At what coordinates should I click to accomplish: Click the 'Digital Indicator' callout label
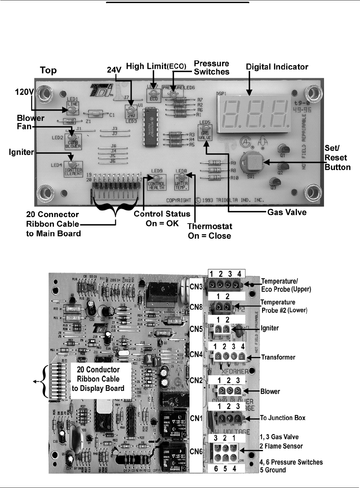(x=277, y=67)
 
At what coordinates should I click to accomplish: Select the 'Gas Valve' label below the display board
(x=287, y=212)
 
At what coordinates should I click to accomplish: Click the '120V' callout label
(x=24, y=92)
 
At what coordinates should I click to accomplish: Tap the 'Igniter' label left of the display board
(x=21, y=152)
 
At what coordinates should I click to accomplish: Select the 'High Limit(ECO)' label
(x=156, y=66)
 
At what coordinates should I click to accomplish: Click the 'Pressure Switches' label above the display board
(x=212, y=68)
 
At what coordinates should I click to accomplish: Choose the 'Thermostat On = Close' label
(x=209, y=231)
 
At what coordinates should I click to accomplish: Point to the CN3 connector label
(x=196, y=287)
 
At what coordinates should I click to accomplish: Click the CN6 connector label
(x=196, y=452)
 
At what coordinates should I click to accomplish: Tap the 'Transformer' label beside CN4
(x=278, y=357)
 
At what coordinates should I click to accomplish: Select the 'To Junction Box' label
(x=283, y=418)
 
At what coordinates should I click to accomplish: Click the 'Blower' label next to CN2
(x=270, y=391)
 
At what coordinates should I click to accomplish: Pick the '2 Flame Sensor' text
(x=281, y=446)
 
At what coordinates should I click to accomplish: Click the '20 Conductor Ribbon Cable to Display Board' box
(x=98, y=379)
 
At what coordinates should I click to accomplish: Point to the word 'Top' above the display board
(x=48, y=70)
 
